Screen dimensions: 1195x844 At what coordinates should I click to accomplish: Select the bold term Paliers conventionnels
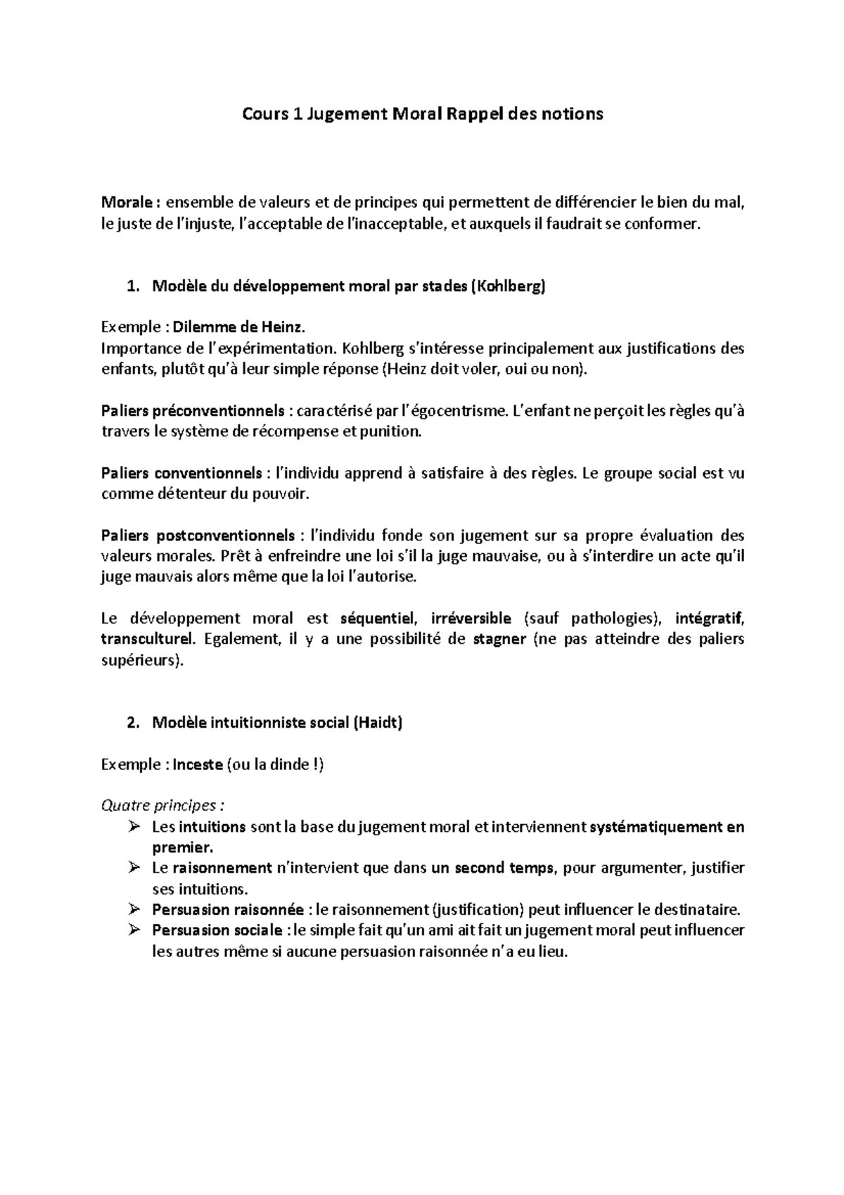point(181,473)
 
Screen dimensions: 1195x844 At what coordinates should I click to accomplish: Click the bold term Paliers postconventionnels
point(198,536)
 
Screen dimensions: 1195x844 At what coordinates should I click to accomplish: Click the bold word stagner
point(499,640)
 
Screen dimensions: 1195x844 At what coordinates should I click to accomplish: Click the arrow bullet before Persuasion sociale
point(135,930)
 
